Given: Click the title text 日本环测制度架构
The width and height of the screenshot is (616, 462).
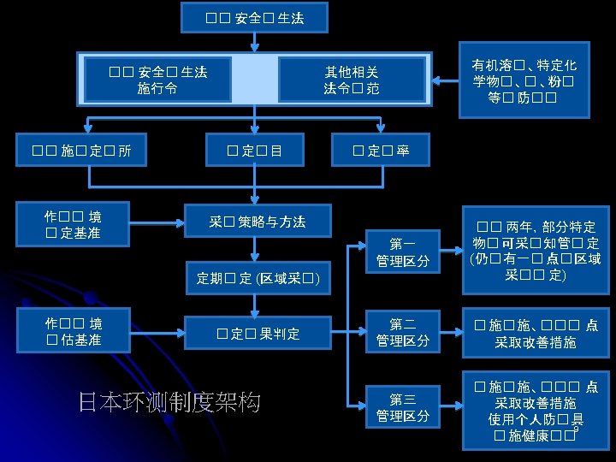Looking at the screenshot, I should click(x=169, y=402).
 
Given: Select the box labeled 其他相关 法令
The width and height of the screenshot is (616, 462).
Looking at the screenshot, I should click(x=352, y=79).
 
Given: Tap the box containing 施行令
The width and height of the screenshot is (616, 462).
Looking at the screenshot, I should click(x=158, y=79).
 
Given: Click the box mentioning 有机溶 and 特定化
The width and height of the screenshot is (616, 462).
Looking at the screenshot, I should click(x=524, y=80).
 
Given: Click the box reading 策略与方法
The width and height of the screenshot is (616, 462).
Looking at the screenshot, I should click(x=258, y=222).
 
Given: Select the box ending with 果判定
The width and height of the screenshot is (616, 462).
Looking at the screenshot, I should click(x=258, y=333).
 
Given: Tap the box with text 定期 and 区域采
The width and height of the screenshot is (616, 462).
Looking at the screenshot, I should click(x=258, y=278).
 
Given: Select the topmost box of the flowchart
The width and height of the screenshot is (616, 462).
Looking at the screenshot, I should click(x=254, y=16).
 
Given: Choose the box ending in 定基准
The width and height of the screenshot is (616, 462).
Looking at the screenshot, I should click(x=73, y=222).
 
